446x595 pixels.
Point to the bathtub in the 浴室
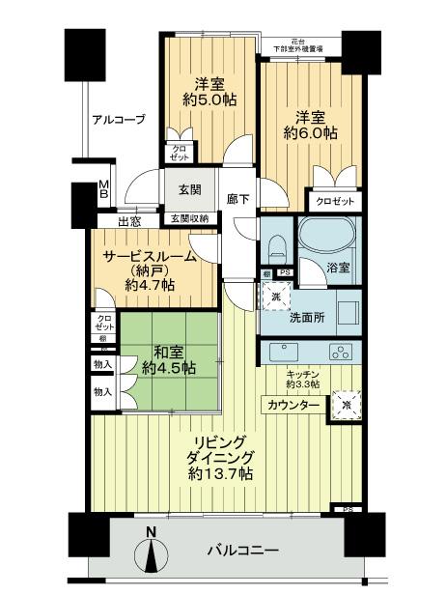[327, 235]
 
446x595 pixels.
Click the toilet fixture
[276, 243]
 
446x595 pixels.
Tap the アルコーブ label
[119, 120]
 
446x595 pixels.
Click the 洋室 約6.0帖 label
[310, 128]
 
